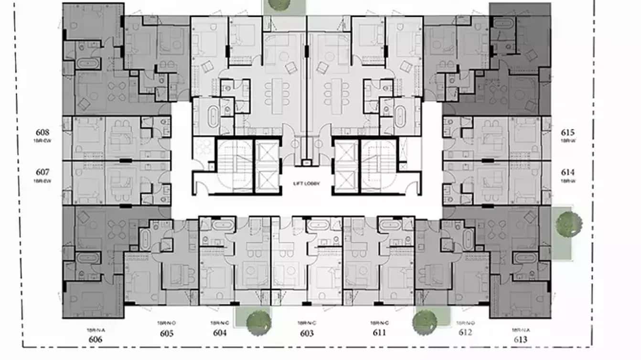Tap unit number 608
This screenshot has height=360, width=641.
click(43, 132)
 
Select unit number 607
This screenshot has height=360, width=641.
click(43, 172)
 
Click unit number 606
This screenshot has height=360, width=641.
click(96, 339)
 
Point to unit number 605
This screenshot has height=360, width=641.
click(167, 333)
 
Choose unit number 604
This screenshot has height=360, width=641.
click(220, 333)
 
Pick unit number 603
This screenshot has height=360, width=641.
click(307, 333)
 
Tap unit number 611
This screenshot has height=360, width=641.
click(379, 332)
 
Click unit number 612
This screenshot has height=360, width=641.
click(465, 332)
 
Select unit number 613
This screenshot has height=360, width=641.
click(520, 339)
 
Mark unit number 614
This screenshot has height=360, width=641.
click(568, 172)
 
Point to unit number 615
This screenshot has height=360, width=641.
click(568, 133)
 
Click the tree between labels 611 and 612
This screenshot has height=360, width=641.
click(425, 322)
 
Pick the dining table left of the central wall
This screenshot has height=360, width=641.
click(278, 96)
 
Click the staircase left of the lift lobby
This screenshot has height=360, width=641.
click(235, 166)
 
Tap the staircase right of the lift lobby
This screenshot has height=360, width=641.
click(378, 166)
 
